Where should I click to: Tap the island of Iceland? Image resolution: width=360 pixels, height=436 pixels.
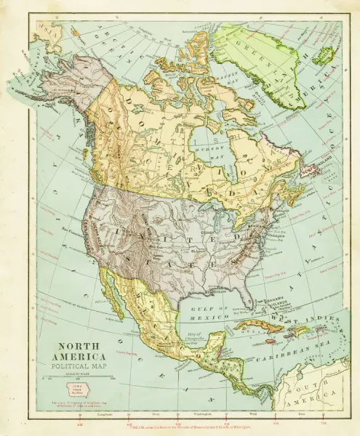click(325, 54)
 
